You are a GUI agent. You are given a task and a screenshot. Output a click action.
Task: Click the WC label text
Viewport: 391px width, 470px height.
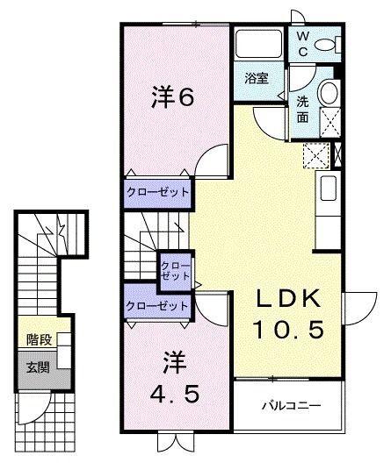[x=302, y=43]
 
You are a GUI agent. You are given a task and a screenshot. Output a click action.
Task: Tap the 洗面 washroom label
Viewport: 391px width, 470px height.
[x=302, y=107]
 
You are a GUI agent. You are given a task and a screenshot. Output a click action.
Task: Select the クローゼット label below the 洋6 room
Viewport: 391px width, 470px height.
[x=157, y=192]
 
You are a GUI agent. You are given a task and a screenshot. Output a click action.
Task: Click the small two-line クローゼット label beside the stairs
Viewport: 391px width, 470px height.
[x=171, y=270]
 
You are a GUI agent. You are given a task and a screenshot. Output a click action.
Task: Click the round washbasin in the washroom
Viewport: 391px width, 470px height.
[x=329, y=94]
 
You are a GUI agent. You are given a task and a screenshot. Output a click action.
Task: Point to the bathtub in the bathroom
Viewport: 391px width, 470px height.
[x=257, y=44]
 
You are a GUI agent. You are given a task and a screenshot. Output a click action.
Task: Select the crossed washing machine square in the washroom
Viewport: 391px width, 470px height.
[x=329, y=121]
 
